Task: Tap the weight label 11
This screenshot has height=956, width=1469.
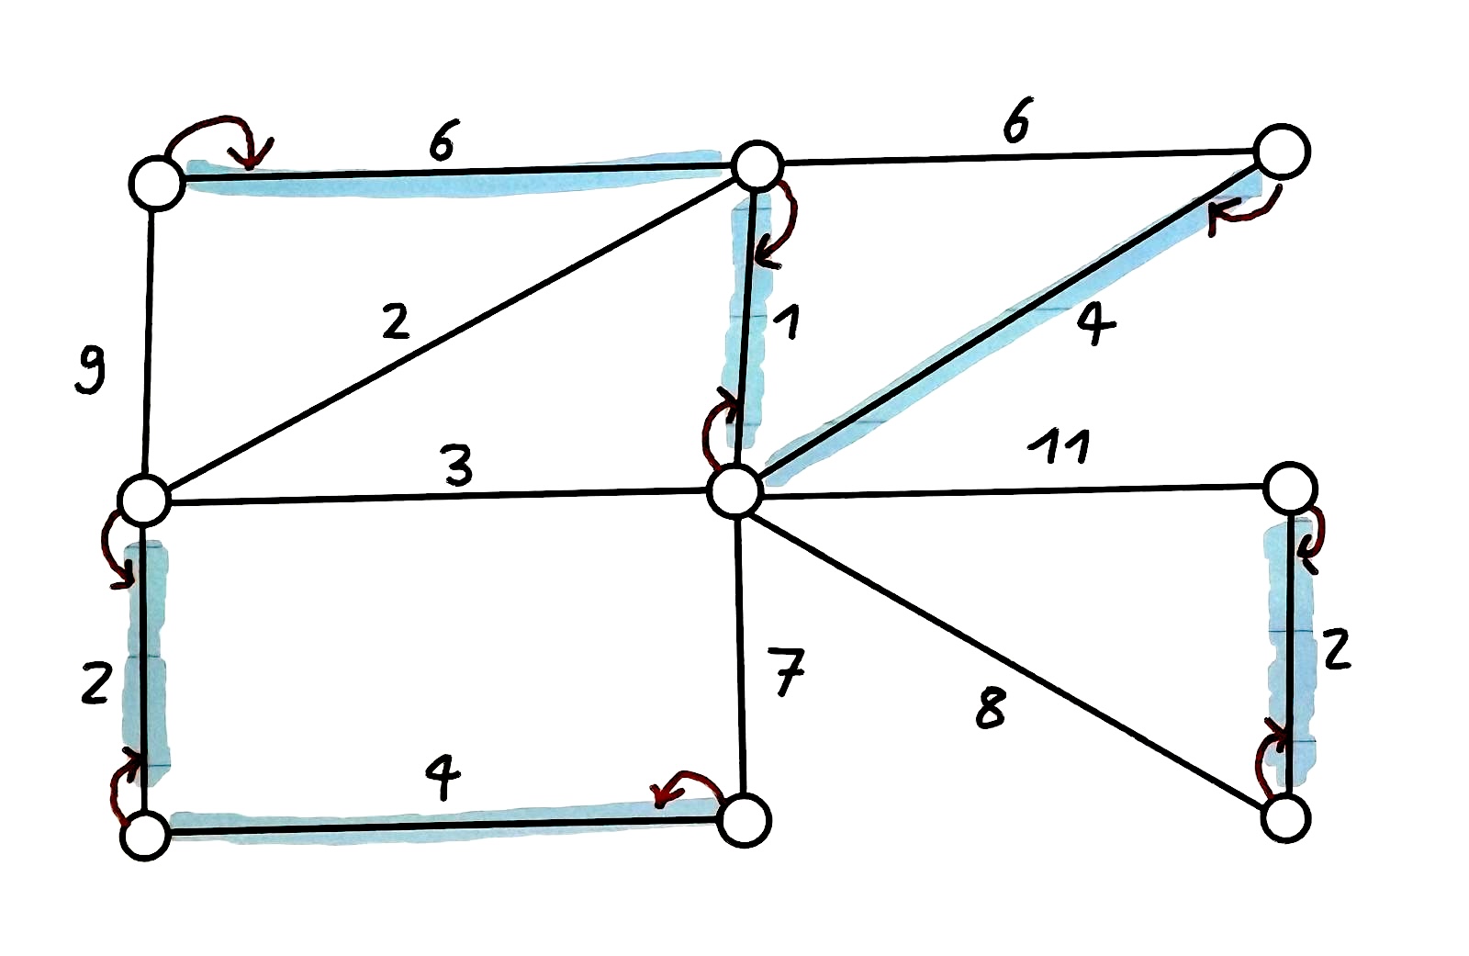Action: (x=1060, y=447)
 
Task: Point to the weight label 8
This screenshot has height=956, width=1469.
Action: (x=991, y=708)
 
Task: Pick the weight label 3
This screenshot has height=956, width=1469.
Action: (x=457, y=465)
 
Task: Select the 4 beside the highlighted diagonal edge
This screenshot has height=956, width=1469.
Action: (x=1095, y=323)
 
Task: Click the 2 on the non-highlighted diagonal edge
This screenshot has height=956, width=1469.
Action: (x=395, y=321)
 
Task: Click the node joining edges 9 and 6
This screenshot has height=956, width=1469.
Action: (x=157, y=183)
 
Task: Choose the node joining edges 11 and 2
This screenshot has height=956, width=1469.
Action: (x=1290, y=489)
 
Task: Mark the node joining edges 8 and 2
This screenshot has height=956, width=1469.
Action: (x=1285, y=817)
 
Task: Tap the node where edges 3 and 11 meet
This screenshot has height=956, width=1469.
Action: (x=735, y=491)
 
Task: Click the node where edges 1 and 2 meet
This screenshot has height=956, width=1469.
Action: (x=757, y=166)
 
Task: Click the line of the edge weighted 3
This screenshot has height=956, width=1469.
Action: (x=441, y=497)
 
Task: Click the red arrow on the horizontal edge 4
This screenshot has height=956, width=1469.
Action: (x=684, y=787)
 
